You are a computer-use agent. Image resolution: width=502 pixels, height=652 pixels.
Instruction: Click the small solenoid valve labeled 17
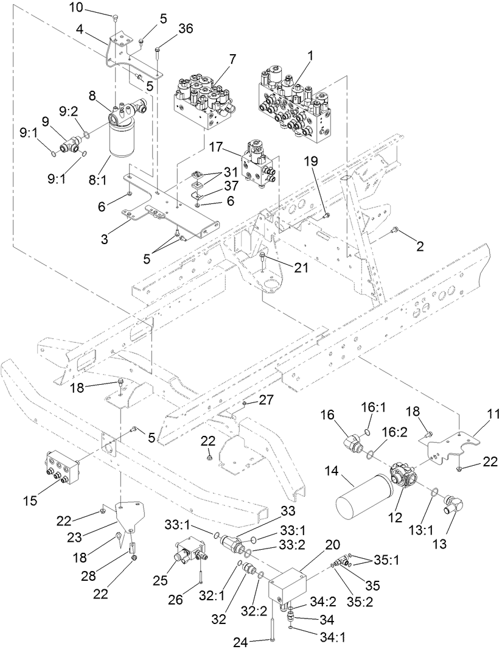(258, 163)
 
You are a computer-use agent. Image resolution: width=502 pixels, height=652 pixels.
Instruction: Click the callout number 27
(267, 399)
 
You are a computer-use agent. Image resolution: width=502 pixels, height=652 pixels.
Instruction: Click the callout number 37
(213, 185)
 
